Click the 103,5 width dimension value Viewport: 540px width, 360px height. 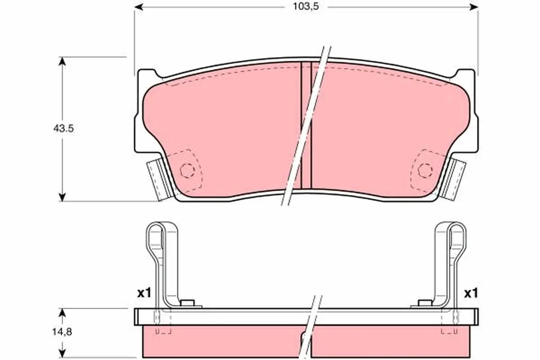click(x=306, y=6)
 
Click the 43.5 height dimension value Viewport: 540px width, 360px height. click(x=63, y=129)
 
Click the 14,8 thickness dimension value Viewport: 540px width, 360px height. click(x=62, y=332)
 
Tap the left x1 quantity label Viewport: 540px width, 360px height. click(x=144, y=293)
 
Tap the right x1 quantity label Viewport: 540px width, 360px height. click(x=471, y=293)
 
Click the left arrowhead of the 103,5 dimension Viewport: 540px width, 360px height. click(x=139, y=7)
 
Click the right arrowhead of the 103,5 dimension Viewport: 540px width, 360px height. click(x=474, y=7)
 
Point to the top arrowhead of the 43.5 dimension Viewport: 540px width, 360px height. click(x=63, y=62)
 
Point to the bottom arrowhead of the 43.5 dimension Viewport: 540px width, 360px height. click(x=63, y=197)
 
